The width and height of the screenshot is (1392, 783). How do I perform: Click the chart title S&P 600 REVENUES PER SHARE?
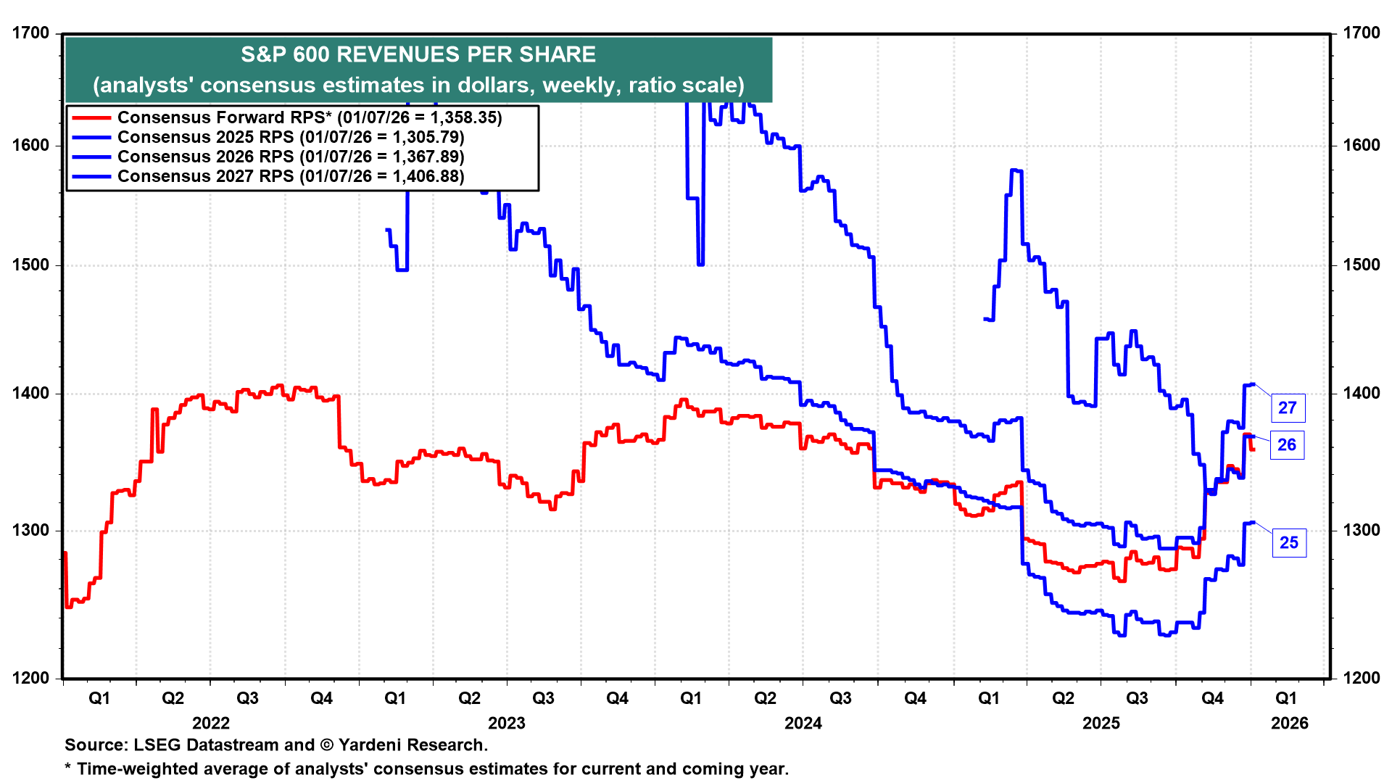[418, 54]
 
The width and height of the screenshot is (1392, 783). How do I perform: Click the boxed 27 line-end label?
[1288, 408]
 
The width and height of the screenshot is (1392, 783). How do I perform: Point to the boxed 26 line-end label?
[1287, 445]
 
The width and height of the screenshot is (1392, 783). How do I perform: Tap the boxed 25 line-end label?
[1289, 543]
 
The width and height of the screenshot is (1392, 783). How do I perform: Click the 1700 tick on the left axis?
[31, 33]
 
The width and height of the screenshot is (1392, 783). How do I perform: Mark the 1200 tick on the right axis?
[1362, 679]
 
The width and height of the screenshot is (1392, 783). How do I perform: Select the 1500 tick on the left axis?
[31, 265]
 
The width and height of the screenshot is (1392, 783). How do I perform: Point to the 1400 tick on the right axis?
[1362, 394]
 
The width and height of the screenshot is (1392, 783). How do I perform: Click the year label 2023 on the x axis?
[507, 724]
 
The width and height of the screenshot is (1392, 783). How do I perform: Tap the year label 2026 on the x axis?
[1290, 724]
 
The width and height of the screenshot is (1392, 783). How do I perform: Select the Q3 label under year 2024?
[840, 698]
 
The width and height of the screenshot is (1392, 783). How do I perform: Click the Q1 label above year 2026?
[1286, 698]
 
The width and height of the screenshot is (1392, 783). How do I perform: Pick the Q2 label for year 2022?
[173, 698]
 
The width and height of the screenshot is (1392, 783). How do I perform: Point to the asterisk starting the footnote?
[68, 766]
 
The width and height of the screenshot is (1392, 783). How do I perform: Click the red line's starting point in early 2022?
[65, 553]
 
